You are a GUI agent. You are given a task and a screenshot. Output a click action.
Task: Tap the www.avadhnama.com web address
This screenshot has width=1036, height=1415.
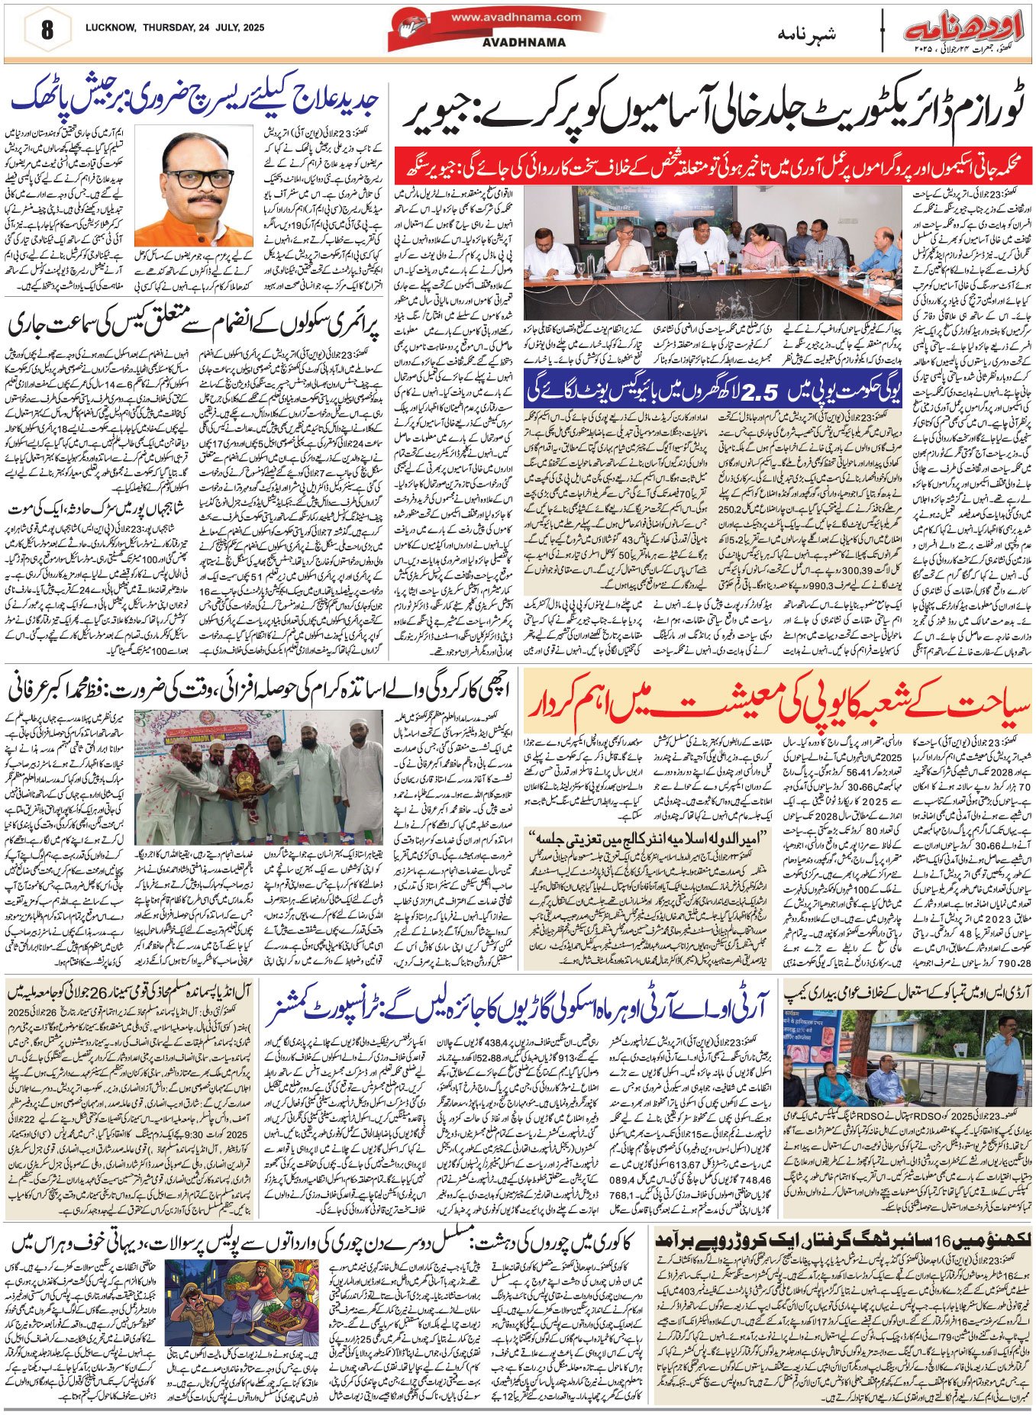515,17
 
